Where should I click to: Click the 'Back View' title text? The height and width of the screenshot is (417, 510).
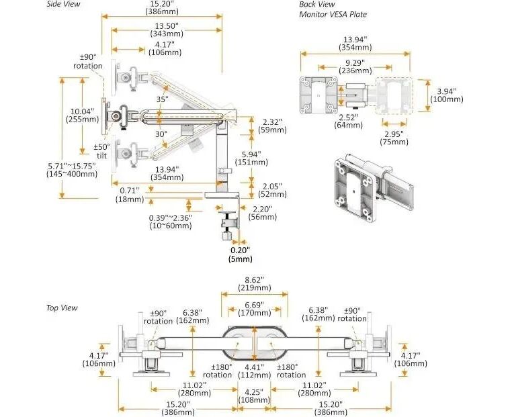(x=318, y=5)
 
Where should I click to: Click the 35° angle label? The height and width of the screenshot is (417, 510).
(x=162, y=99)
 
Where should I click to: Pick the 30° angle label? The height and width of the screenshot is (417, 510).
(x=161, y=134)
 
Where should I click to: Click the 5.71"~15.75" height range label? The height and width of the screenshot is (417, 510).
(x=72, y=169)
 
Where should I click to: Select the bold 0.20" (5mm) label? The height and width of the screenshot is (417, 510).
(x=240, y=254)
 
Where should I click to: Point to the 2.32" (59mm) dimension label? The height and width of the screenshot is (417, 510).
(x=273, y=126)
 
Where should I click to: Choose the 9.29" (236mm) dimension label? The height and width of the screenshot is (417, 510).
(x=355, y=64)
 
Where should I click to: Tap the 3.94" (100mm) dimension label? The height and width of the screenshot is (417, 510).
(x=446, y=95)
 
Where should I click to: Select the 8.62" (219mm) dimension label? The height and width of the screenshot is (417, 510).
(x=254, y=283)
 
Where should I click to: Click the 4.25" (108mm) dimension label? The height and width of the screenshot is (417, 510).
(x=254, y=395)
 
